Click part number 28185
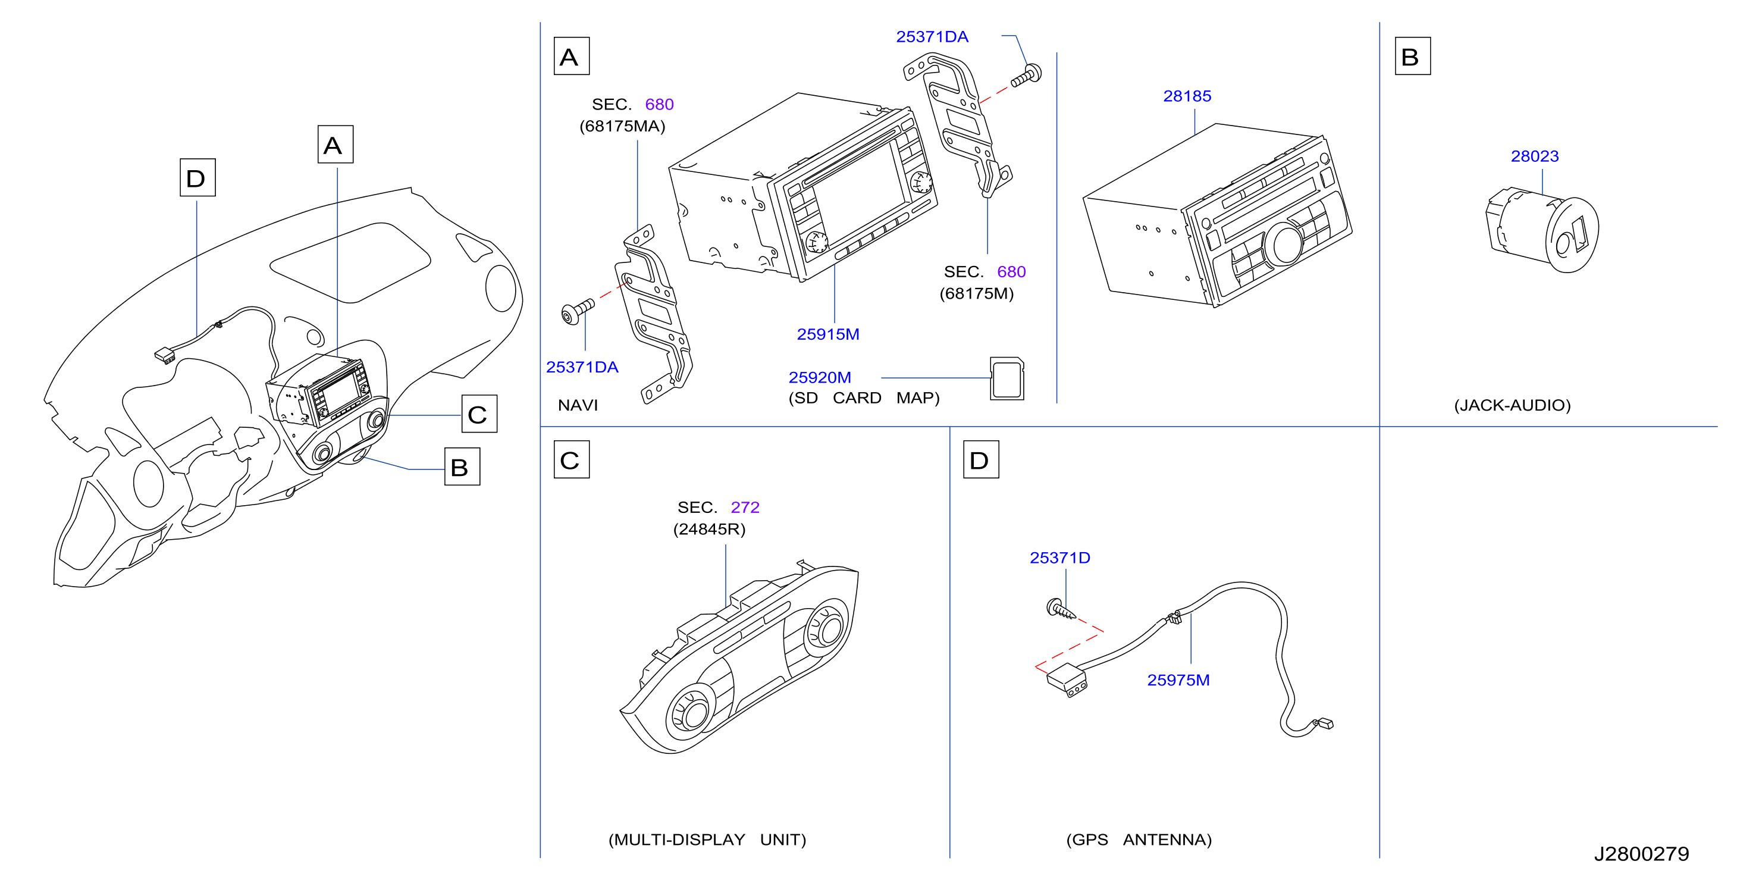pos(1187,96)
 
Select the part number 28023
pos(1534,156)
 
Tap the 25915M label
pos(827,334)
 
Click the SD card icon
pos(1007,378)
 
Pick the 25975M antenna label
pos(1178,680)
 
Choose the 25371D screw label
pos(1059,558)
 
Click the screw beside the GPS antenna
pos(1061,609)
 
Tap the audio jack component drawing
pos(1542,230)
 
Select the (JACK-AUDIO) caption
pos(1512,405)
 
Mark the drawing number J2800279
pos(1641,854)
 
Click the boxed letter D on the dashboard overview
pos(197,178)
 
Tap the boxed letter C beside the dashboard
pos(479,414)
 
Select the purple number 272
pos(745,507)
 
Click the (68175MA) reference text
pos(622,126)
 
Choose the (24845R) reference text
pos(708,529)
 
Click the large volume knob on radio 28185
pos(1284,244)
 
